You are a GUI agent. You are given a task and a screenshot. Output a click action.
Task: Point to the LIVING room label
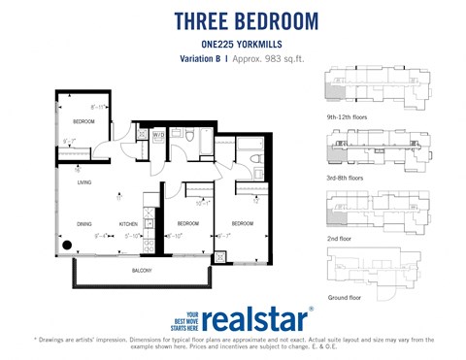pyautogui.click(x=84, y=181)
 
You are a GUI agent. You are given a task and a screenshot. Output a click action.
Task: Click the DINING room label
pyautogui.click(x=84, y=223)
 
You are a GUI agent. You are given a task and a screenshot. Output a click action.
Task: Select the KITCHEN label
pyautogui.click(x=129, y=223)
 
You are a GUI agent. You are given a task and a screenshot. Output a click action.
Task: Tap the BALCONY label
pyautogui.click(x=142, y=271)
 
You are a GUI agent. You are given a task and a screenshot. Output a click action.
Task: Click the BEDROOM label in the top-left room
pyautogui.click(x=83, y=122)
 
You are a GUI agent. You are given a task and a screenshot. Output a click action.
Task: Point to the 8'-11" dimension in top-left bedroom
pyautogui.click(x=97, y=107)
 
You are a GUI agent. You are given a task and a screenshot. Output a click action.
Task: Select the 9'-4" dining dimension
pyautogui.click(x=100, y=235)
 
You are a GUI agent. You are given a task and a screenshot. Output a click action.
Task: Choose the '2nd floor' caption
pyautogui.click(x=340, y=237)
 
